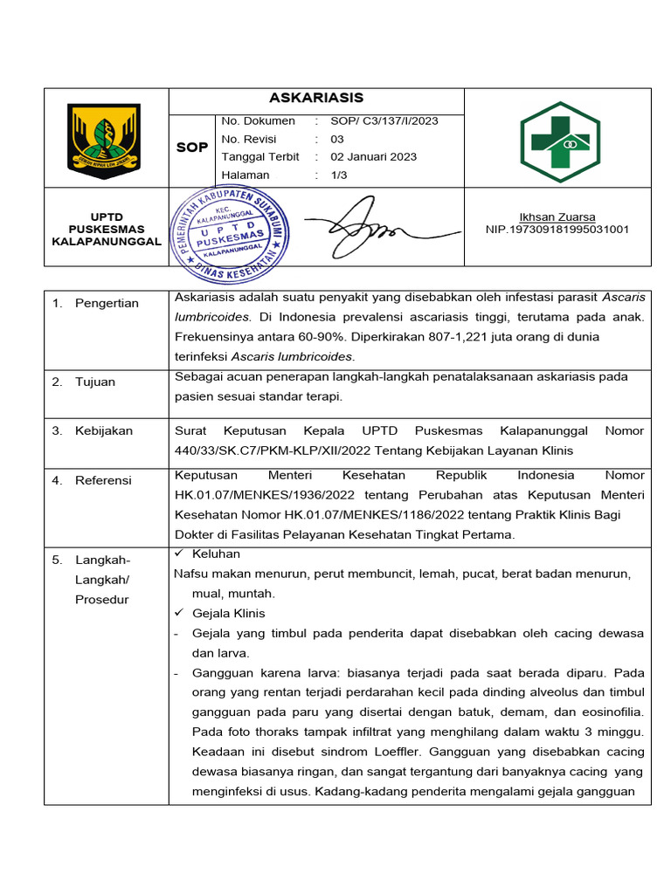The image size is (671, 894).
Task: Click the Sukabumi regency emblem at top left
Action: click(103, 138)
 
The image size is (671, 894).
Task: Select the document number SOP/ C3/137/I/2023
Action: click(384, 121)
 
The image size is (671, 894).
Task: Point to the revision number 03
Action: click(337, 139)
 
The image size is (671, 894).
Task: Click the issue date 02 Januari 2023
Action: click(373, 157)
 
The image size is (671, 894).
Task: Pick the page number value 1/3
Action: click(337, 175)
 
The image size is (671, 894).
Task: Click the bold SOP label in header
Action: click(192, 148)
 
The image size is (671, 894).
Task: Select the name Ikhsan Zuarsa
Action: click(557, 217)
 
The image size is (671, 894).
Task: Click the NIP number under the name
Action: click(557, 230)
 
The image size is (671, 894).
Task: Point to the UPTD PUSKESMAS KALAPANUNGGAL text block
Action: click(107, 229)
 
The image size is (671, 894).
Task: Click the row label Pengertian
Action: click(107, 303)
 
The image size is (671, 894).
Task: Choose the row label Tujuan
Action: click(94, 382)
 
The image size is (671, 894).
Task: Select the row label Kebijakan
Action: click(103, 431)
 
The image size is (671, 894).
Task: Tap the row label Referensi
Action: click(103, 480)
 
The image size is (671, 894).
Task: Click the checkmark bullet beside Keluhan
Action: click(179, 554)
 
